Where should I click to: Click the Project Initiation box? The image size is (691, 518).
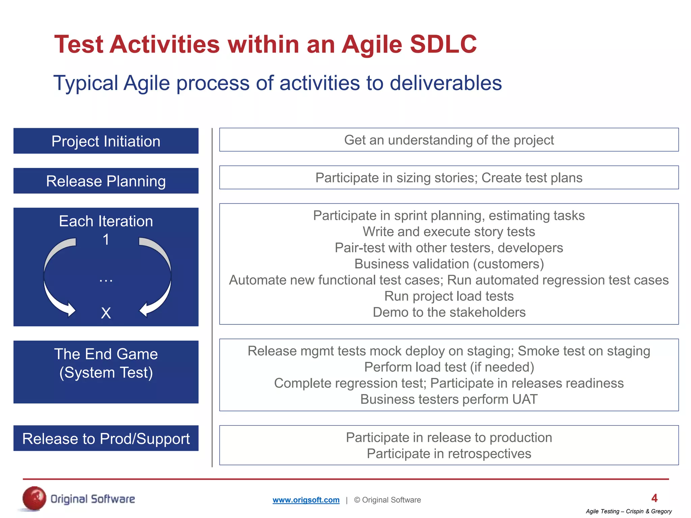(106, 141)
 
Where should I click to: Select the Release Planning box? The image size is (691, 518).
(106, 181)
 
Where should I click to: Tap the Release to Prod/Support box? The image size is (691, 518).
(106, 438)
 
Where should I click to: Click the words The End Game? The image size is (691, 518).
(106, 354)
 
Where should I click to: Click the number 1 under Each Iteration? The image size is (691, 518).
(106, 240)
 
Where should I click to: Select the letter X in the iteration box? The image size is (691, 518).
(106, 313)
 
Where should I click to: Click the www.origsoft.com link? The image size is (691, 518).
(306, 500)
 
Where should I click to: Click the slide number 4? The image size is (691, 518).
(654, 498)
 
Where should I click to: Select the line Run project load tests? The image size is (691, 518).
(449, 296)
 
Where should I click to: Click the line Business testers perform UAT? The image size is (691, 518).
(449, 399)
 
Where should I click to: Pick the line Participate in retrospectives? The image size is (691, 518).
(449, 454)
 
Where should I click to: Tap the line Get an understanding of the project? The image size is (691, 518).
(449, 140)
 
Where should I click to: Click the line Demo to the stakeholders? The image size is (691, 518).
(449, 312)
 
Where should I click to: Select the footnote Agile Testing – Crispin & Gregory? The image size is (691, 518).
(629, 511)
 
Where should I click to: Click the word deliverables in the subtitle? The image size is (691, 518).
(445, 83)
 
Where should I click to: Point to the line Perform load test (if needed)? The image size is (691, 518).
(449, 367)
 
